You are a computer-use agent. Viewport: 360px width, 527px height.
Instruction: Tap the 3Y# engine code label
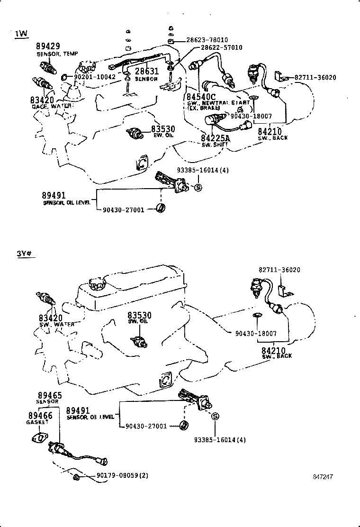(25, 253)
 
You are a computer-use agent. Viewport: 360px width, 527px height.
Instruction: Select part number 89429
(48, 46)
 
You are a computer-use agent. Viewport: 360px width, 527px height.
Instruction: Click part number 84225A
(215, 138)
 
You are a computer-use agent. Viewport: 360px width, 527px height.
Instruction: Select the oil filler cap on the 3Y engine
(95, 286)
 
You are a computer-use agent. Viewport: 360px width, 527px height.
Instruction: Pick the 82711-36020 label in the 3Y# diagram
(279, 270)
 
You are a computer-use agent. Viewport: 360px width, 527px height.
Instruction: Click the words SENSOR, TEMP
(57, 54)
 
